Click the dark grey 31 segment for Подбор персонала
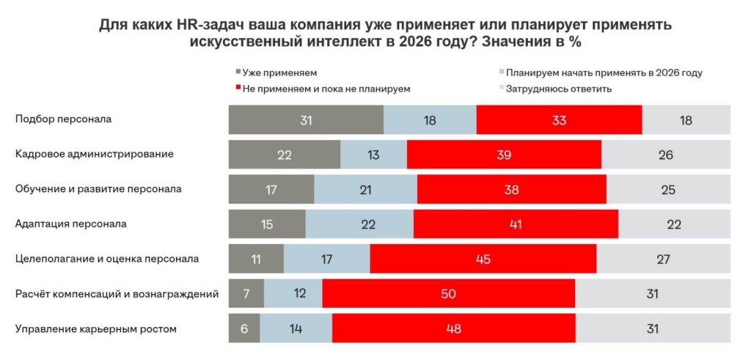click(306, 120)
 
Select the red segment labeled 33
click(559, 120)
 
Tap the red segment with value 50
click(448, 294)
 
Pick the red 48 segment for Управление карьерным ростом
click(453, 328)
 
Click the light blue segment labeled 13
click(373, 155)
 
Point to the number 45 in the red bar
click(483, 259)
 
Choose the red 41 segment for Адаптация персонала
click(516, 224)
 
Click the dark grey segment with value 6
click(243, 328)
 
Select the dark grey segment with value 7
click(246, 294)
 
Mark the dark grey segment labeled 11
click(256, 259)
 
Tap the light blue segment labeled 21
click(365, 189)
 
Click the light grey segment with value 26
click(665, 155)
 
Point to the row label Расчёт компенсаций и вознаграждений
click(117, 294)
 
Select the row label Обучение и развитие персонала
click(98, 188)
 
